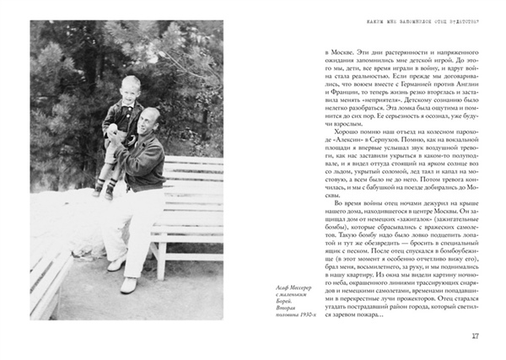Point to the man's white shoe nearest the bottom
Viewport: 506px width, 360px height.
[x=130, y=285]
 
